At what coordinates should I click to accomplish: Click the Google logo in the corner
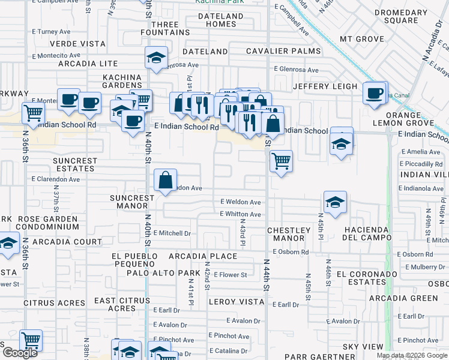pos(20,353)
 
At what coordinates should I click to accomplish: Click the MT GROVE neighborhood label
pos(361,39)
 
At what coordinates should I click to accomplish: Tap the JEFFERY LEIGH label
pos(325,86)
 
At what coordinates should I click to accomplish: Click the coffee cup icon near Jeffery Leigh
pos(374,93)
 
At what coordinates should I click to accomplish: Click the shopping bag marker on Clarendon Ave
pos(165,179)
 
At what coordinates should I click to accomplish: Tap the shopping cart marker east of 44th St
pos(280,161)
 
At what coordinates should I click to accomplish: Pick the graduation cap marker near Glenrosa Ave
pos(156,58)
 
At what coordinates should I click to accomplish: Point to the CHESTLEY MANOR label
pos(289,234)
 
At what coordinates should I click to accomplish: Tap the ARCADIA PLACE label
pos(203,256)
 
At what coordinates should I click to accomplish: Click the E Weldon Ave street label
pos(240,202)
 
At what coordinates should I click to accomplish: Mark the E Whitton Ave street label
pos(240,214)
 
